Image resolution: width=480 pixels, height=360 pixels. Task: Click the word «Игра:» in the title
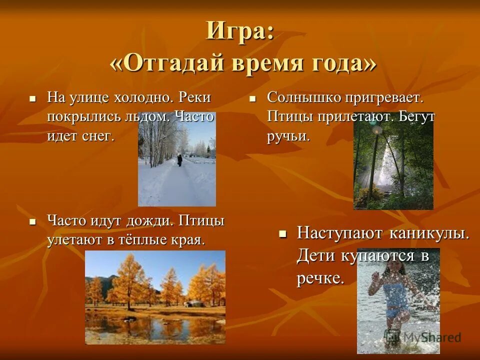240,32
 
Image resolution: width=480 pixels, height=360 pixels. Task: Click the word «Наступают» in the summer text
340,233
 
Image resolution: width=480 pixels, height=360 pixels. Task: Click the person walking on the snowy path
179,160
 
